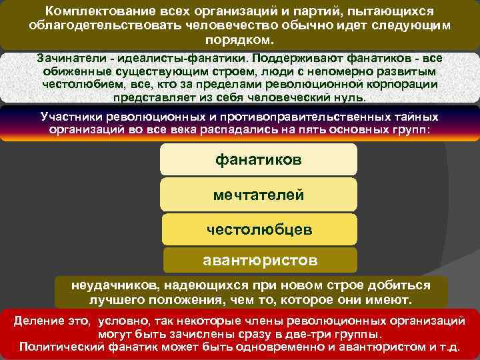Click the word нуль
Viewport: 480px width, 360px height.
(349, 97)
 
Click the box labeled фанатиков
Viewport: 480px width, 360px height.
(259, 160)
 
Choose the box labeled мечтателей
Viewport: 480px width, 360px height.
(259, 195)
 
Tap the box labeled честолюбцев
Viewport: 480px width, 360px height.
(259, 229)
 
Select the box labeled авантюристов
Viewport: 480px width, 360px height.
(259, 258)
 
